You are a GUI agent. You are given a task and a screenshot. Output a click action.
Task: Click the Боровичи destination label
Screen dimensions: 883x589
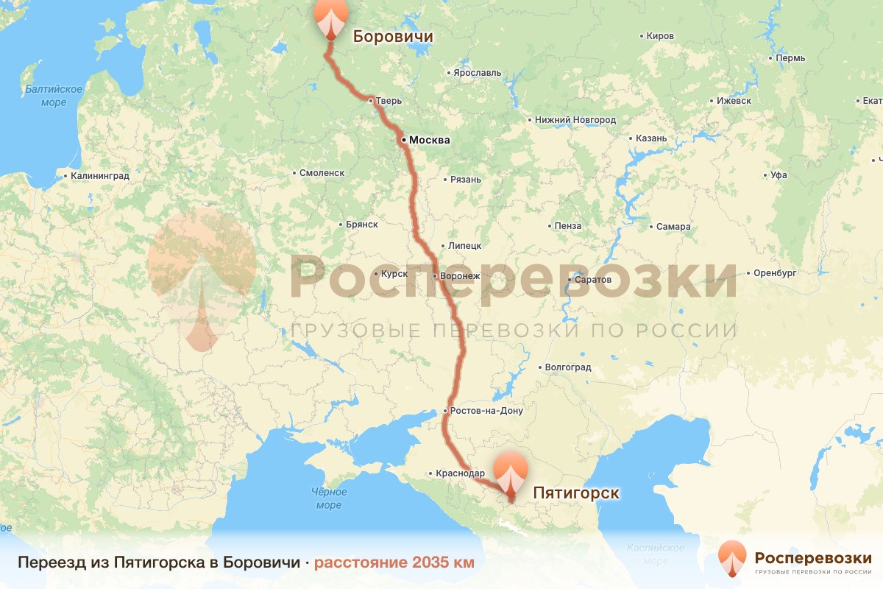(x=392, y=36)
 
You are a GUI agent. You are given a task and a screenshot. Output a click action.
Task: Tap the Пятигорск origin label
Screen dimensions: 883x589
(x=575, y=493)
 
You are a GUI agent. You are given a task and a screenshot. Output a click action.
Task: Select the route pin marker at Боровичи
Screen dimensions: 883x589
(x=330, y=18)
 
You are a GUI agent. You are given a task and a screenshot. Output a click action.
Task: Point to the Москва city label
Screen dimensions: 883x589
(x=429, y=140)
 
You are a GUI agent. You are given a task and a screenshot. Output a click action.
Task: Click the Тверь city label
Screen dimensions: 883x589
(x=389, y=101)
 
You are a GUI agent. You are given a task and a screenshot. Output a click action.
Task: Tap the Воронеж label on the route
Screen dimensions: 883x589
(x=461, y=276)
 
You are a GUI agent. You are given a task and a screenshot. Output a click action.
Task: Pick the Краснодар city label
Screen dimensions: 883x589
(x=461, y=473)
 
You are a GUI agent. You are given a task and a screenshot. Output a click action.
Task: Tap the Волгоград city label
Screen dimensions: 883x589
(x=568, y=367)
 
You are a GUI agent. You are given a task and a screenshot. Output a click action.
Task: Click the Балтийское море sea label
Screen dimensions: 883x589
(x=53, y=96)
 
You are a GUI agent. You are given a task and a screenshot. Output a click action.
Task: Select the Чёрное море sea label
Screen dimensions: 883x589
(x=328, y=498)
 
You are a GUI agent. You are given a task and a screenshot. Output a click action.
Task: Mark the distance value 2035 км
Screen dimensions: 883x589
(x=433, y=562)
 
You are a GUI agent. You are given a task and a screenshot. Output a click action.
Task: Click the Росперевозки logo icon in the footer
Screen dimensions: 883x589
(x=732, y=560)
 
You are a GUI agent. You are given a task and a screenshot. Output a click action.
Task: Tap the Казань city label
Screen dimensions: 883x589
(x=651, y=138)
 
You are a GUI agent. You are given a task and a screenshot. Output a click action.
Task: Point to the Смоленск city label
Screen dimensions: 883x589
(x=322, y=173)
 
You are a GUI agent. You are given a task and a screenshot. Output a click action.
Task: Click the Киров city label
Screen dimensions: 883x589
(x=659, y=35)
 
